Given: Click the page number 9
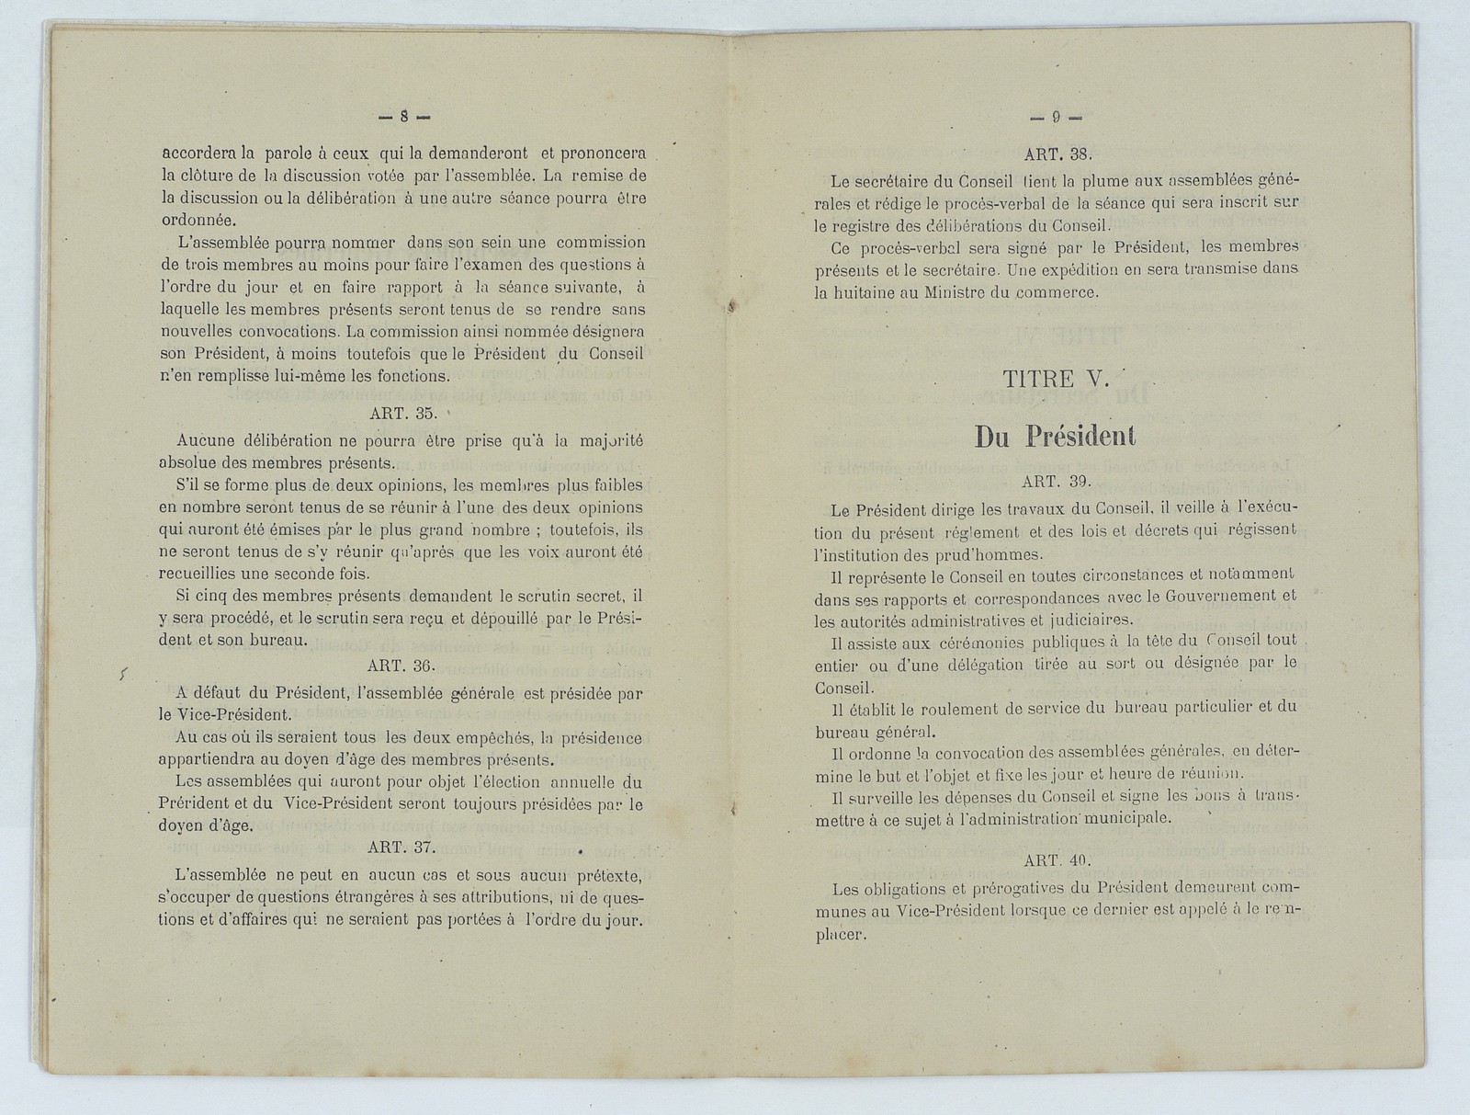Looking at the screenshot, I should click(x=1057, y=118).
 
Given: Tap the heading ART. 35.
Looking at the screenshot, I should click(x=401, y=414).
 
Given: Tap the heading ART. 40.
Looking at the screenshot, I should click(x=1055, y=861).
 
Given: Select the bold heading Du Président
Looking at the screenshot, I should click(x=1055, y=437).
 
